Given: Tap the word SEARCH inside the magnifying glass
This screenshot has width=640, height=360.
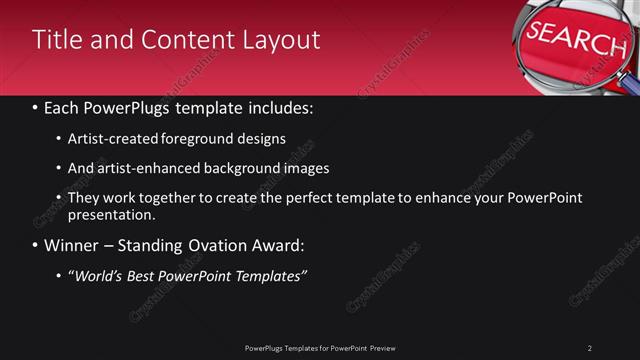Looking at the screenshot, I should coord(576,39).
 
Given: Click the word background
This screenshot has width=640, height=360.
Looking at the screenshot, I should coord(249,168).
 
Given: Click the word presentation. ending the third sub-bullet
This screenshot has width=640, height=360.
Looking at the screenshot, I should coord(112,214).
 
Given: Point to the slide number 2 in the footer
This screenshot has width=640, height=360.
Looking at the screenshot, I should coord(590,348).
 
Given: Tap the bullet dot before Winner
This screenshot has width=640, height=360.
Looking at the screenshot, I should coord(36,245).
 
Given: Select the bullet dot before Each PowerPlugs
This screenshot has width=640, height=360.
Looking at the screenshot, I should coord(36,106).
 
